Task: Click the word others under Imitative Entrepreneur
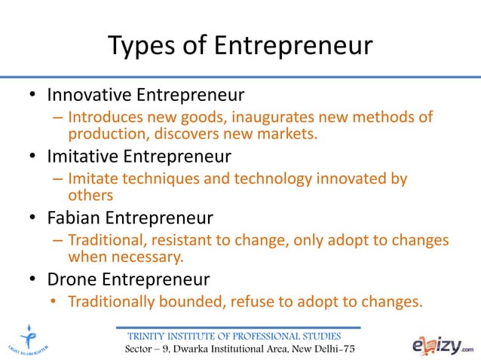90,196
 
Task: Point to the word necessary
146,257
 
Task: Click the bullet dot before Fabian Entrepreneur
33,219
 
